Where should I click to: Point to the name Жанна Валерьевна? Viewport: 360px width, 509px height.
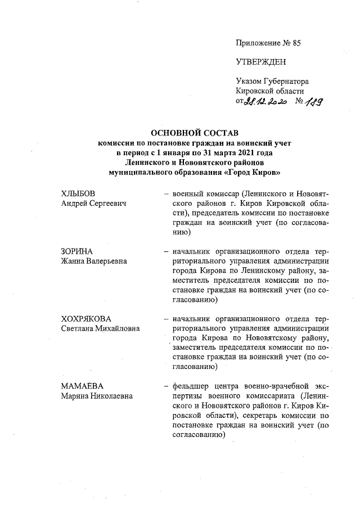click(94, 261)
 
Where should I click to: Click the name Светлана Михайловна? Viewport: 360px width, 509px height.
click(100, 328)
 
